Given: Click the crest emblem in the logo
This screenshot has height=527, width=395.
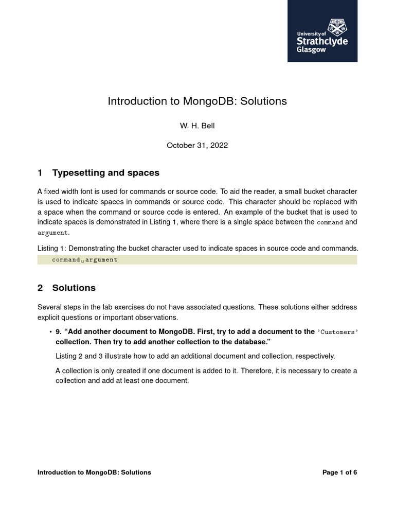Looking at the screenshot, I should click(337, 26).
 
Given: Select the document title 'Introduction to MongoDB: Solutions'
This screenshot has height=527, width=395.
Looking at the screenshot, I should click(197, 101).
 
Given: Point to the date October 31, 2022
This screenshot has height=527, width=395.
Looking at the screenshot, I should click(197, 146).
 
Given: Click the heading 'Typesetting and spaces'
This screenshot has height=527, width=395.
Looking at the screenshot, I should click(105, 173).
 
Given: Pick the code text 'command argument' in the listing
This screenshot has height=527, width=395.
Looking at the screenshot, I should click(85, 260).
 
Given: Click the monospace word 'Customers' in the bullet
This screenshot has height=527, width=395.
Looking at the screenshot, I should click(337, 332).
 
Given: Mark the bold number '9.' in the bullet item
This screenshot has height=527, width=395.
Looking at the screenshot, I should click(59, 332).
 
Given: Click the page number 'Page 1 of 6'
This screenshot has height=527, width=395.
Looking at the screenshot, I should click(339, 472).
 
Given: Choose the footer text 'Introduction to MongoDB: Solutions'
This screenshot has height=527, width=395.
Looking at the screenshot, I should click(94, 472).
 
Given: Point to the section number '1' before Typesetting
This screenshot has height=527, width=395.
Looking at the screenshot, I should click(40, 173).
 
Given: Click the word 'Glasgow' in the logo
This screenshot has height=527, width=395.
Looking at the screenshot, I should click(311, 50).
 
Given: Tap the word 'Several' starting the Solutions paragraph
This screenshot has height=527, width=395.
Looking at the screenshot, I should click(50, 307).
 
